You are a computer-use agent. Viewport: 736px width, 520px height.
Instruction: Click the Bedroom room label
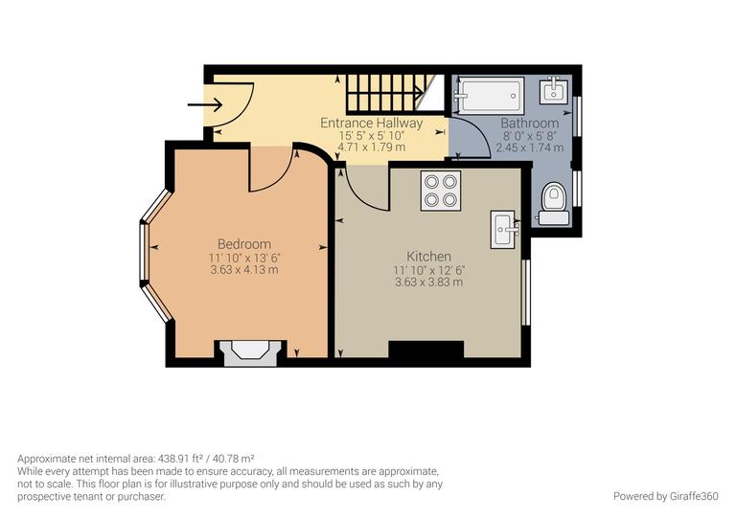click(x=243, y=244)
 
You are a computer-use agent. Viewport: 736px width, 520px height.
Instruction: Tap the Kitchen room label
click(x=428, y=257)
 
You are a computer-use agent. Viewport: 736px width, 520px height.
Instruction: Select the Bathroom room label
click(x=529, y=124)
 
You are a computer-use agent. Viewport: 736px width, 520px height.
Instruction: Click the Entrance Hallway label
click(x=371, y=124)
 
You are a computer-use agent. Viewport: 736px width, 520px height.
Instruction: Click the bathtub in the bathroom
click(x=489, y=96)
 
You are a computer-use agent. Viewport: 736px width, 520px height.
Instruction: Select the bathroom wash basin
click(x=555, y=92)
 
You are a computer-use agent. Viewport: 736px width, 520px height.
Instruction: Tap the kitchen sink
click(x=504, y=229)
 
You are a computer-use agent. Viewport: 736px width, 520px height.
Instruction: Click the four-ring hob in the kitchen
click(x=441, y=190)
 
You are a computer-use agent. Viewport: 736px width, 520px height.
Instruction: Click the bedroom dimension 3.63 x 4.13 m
click(x=243, y=270)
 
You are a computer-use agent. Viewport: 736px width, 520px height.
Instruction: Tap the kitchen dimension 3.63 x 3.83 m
click(x=428, y=283)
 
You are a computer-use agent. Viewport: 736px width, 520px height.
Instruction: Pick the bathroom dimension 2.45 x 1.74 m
click(x=529, y=148)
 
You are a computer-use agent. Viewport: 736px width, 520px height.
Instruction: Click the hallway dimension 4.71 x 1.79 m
click(x=371, y=148)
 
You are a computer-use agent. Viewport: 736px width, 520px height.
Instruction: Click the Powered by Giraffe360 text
click(x=664, y=496)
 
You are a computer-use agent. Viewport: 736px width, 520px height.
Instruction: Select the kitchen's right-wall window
click(x=525, y=292)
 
